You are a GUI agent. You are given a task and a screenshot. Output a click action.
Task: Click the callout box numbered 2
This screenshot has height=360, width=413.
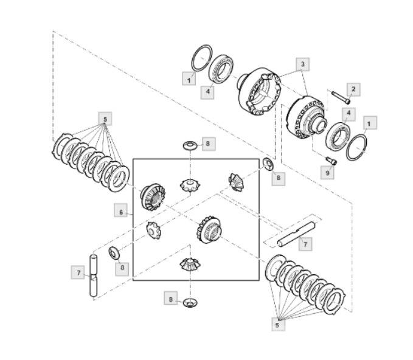tap(353, 89)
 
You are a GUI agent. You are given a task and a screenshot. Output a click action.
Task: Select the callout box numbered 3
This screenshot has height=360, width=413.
tap(303, 64)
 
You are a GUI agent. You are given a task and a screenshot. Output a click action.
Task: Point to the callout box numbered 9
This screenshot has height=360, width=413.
tap(327, 173)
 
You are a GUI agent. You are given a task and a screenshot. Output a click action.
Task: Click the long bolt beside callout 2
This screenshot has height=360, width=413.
tap(341, 97)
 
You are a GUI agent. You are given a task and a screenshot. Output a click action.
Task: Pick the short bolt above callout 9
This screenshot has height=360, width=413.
tap(331, 161)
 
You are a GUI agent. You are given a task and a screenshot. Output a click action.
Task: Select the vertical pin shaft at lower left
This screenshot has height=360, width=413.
tap(94, 275)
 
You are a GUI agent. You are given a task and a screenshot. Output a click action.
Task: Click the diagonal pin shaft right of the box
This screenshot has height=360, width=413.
tap(296, 234)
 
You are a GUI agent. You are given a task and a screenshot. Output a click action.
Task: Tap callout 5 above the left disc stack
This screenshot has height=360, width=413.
tap(105, 119)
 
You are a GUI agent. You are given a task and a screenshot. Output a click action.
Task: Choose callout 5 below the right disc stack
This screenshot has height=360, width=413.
tap(278, 325)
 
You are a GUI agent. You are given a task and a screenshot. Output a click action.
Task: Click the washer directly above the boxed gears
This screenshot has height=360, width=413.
tap(190, 145)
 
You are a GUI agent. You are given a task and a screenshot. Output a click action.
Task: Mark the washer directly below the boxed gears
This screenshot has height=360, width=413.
tap(190, 303)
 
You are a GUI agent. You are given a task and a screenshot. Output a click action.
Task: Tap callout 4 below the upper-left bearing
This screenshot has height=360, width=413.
tap(207, 91)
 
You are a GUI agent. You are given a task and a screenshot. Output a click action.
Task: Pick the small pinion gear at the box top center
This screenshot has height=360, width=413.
tap(190, 185)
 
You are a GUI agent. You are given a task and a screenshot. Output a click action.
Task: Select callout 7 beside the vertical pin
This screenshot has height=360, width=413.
tap(78, 272)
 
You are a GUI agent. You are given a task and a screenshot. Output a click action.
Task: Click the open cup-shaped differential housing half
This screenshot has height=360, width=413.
tap(260, 91)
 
